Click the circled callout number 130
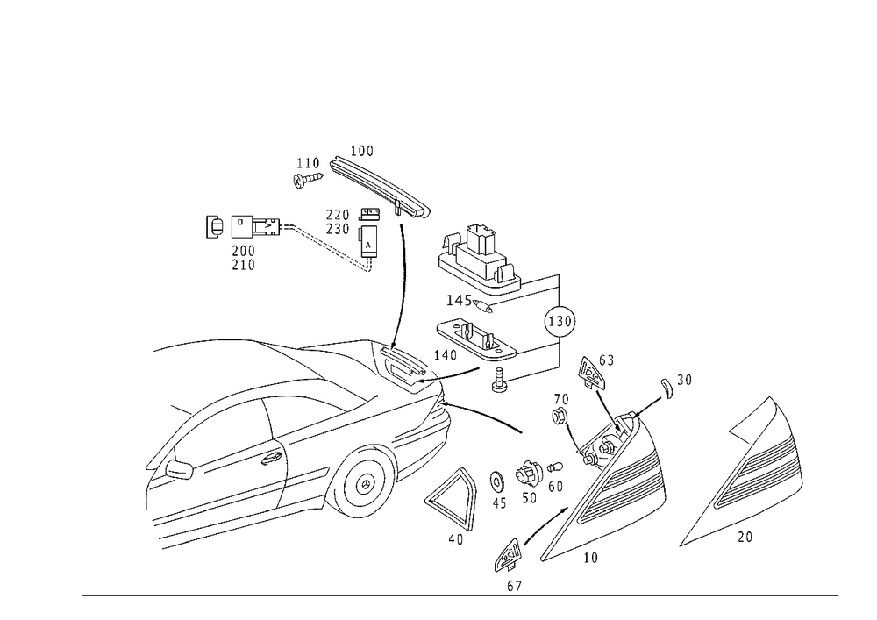[560, 322]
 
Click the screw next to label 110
[308, 180]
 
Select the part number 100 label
[362, 151]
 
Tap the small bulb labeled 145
[482, 306]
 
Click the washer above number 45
[496, 480]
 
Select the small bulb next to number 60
[554, 467]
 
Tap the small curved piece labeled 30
[666, 388]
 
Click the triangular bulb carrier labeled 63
[590, 372]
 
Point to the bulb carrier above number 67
[509, 554]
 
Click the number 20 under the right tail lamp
[745, 538]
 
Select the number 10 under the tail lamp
[590, 558]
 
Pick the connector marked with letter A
[368, 240]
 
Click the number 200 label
[243, 251]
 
